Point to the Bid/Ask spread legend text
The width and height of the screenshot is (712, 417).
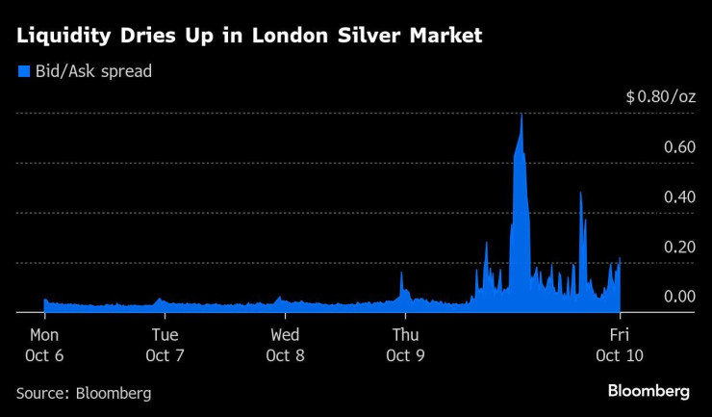tap(92, 71)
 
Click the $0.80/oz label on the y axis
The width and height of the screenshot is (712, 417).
tap(660, 97)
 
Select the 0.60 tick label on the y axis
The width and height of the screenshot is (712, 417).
tap(678, 147)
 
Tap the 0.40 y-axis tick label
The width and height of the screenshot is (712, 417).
tap(678, 197)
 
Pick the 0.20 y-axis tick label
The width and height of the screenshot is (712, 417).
tap(678, 248)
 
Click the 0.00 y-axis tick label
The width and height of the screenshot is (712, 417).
tap(678, 297)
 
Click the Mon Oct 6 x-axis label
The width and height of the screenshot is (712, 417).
tap(44, 345)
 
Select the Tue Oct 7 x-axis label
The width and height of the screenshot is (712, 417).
tap(165, 345)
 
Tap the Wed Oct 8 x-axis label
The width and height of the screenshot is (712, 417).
tap(285, 345)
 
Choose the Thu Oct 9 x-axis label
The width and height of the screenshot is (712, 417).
tap(405, 345)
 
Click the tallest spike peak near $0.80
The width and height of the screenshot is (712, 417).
tap(521, 116)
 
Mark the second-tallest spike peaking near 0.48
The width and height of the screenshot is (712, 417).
tap(580, 195)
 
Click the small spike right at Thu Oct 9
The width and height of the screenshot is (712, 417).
tap(401, 274)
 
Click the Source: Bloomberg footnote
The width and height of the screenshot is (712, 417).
tap(84, 393)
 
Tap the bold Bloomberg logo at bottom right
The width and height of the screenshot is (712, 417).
tap(648, 391)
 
